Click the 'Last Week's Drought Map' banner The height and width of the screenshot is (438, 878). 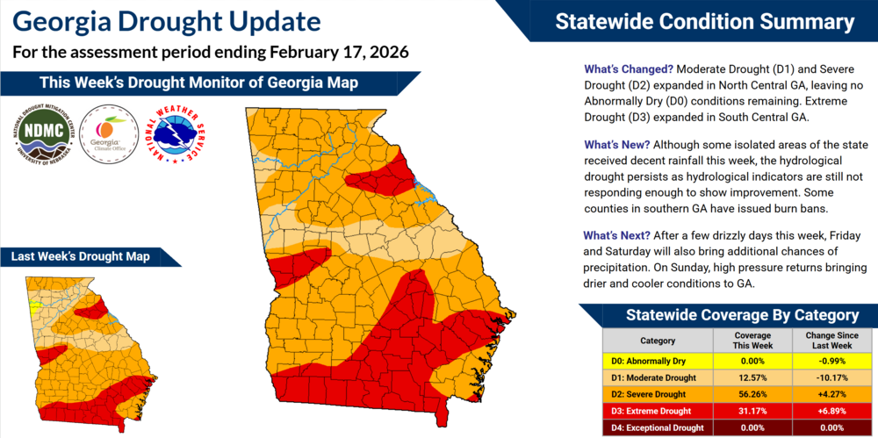click(x=80, y=256)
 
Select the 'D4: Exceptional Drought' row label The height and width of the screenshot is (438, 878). click(x=658, y=427)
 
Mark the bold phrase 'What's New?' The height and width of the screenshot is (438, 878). click(x=617, y=144)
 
